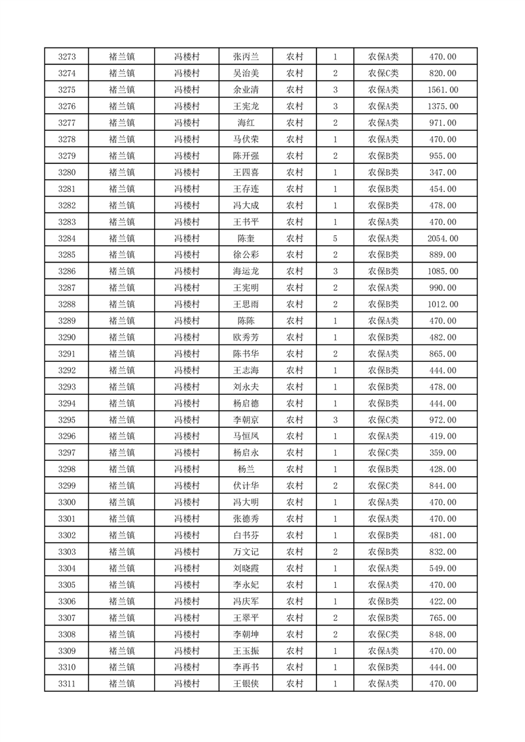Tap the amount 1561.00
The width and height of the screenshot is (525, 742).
444,90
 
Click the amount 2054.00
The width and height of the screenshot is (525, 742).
444,239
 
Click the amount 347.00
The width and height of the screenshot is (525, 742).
444,173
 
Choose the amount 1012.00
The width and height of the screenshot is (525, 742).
444,305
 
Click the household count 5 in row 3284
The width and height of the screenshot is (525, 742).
336,239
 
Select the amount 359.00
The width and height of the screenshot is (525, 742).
444,453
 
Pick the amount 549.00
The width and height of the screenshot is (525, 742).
444,569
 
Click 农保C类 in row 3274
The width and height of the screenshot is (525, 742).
383,73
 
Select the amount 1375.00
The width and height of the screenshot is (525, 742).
444,106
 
